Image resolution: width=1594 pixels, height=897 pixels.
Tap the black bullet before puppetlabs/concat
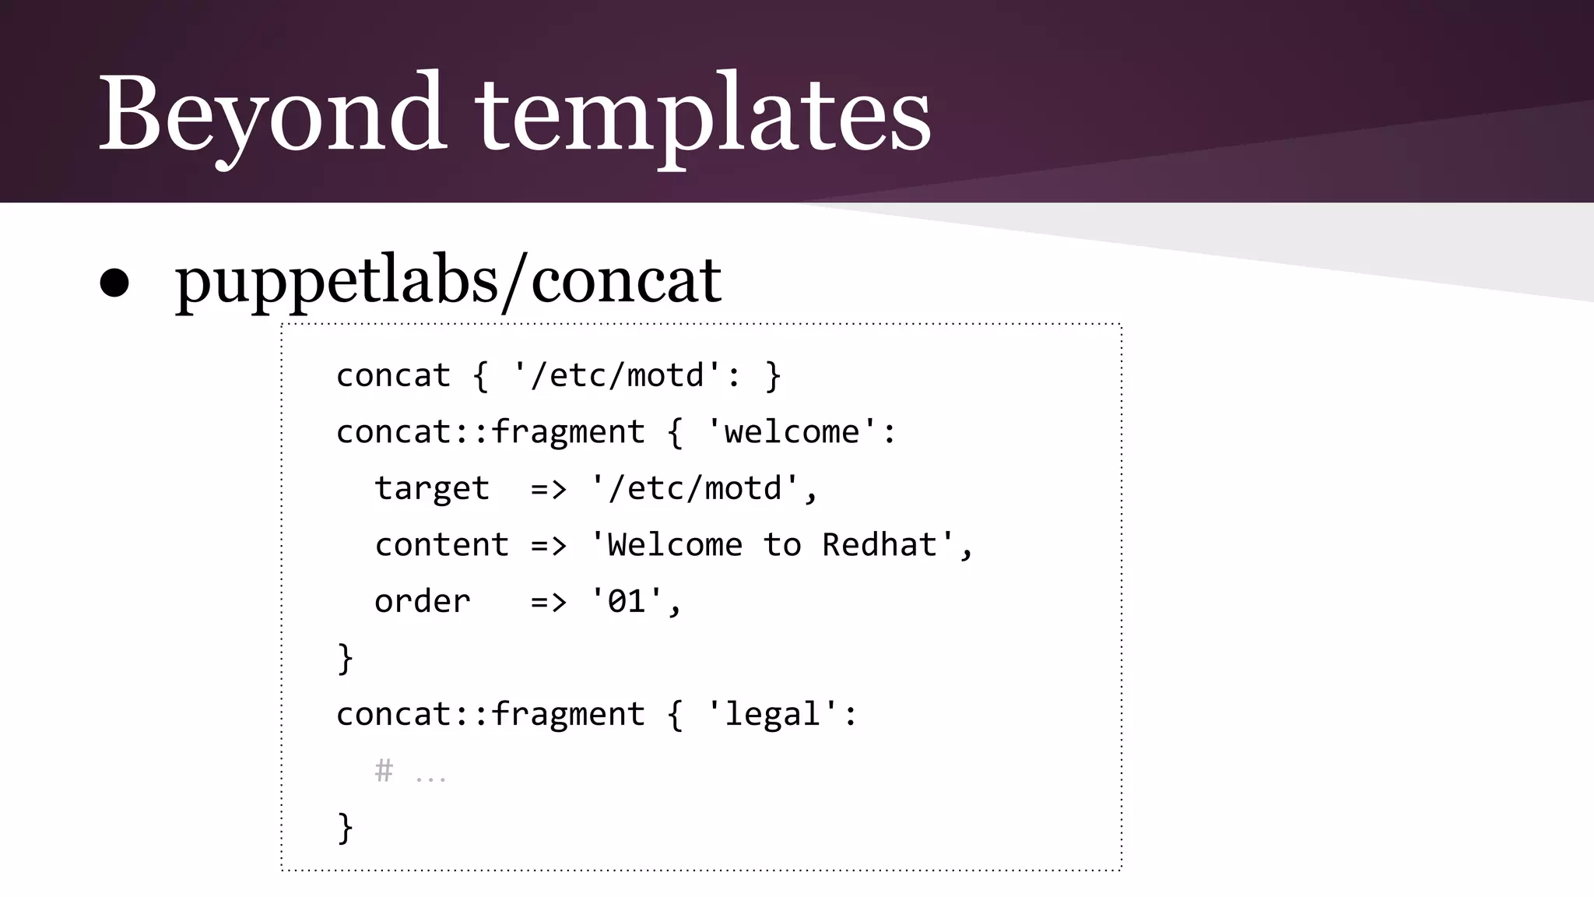(x=114, y=283)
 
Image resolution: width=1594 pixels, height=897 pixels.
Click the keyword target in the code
(x=432, y=489)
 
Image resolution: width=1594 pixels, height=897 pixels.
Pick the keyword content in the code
(x=441, y=545)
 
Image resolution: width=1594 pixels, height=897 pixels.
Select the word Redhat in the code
(x=880, y=545)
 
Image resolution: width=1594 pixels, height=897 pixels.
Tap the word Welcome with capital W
(x=674, y=545)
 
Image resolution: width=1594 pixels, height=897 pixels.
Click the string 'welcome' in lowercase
(x=792, y=432)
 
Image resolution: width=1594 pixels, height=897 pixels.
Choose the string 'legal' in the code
(x=772, y=715)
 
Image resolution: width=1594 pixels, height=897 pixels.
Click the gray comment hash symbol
(x=384, y=771)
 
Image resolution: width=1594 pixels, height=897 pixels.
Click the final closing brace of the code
(x=345, y=827)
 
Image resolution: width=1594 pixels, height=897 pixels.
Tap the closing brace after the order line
(x=345, y=659)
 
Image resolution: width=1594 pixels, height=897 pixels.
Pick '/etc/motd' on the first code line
(x=617, y=376)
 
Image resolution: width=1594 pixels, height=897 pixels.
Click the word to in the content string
(x=781, y=545)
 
